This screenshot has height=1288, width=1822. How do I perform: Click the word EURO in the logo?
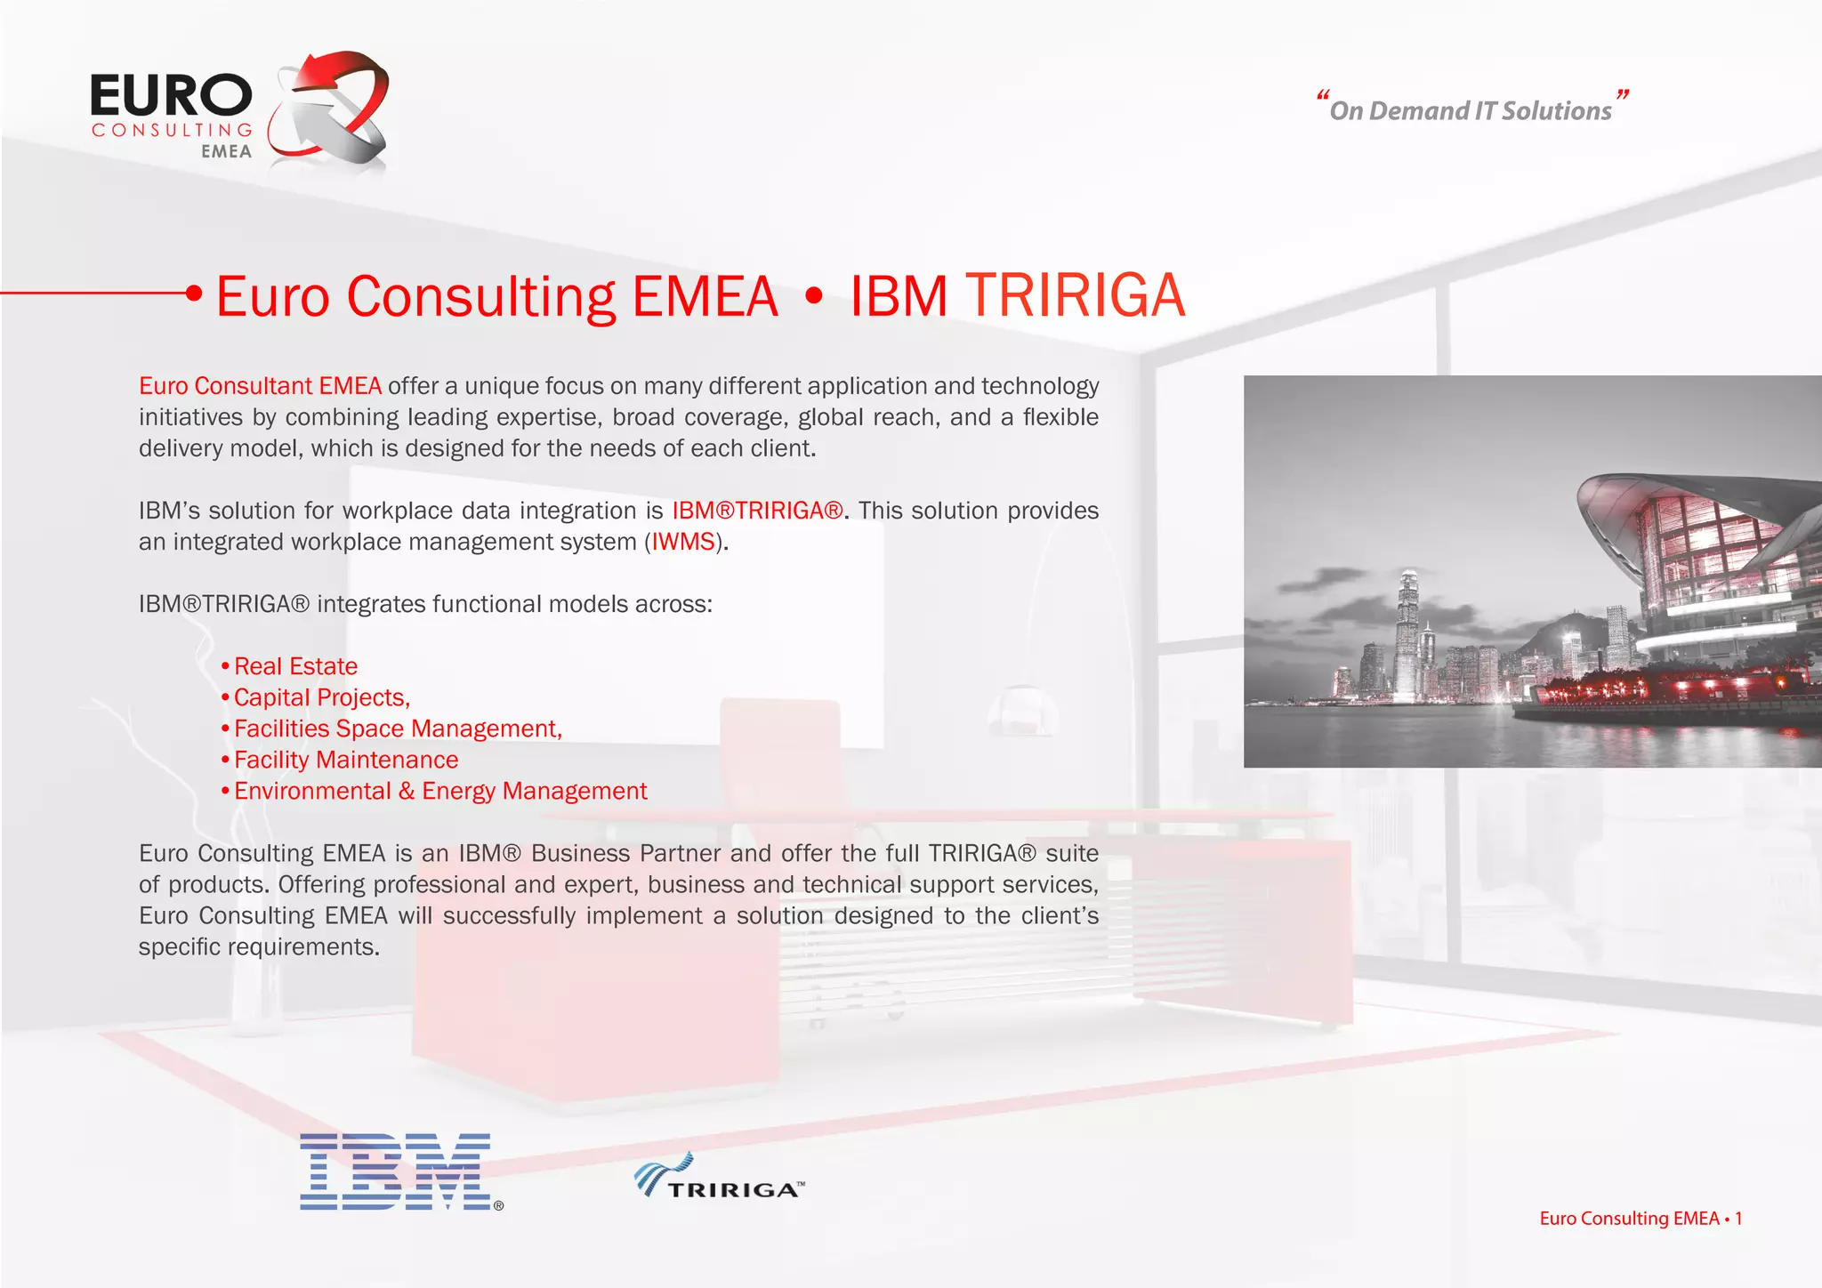pos(171,96)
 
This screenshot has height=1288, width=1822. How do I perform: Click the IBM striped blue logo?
pos(397,1171)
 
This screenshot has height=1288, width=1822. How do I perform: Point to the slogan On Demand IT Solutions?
pos(1471,110)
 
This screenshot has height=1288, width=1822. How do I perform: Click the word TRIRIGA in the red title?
pos(1076,295)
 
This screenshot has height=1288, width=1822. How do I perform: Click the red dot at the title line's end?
pos(193,293)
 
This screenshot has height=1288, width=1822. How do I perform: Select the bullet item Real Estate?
pos(295,666)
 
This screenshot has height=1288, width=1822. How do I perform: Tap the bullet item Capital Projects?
pos(321,697)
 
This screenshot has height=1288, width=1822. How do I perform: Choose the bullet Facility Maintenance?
pos(346,760)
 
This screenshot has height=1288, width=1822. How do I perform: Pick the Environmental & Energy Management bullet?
pos(440,791)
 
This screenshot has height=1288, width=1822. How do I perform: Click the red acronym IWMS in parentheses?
pos(683,542)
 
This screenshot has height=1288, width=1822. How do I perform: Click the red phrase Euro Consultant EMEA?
pos(260,386)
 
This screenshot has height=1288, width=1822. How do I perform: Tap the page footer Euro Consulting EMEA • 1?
pos(1640,1219)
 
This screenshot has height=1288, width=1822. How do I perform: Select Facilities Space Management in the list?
pos(398,729)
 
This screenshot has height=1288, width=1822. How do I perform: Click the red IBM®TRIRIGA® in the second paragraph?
pos(757,511)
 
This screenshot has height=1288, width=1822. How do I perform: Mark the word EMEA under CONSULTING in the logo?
pos(226,152)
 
